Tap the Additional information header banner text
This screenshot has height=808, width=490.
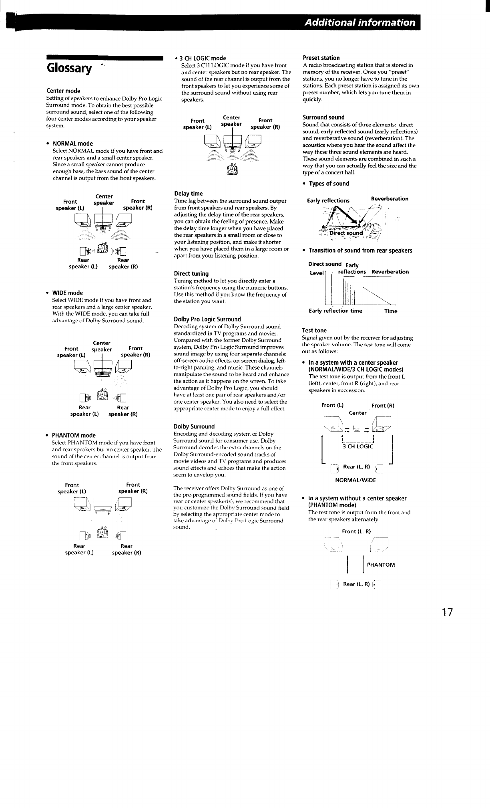pos(359,22)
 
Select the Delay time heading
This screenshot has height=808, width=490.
pos(189,194)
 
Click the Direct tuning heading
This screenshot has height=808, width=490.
pos(191,274)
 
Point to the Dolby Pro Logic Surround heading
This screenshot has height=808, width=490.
pos(207,319)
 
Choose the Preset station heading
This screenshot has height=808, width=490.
pos(321,58)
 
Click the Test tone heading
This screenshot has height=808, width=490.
pos(314,331)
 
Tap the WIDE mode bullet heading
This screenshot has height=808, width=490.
pos(68,293)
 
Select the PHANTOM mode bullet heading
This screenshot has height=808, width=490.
pos(74,435)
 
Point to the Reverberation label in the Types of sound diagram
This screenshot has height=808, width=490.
pos(390,199)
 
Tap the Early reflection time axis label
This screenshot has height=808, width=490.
pos(335,311)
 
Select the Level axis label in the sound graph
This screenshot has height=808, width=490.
pos(317,273)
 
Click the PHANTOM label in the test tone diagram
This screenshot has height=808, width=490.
pos(381,565)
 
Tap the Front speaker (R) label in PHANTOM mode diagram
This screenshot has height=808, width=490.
pos(133,488)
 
